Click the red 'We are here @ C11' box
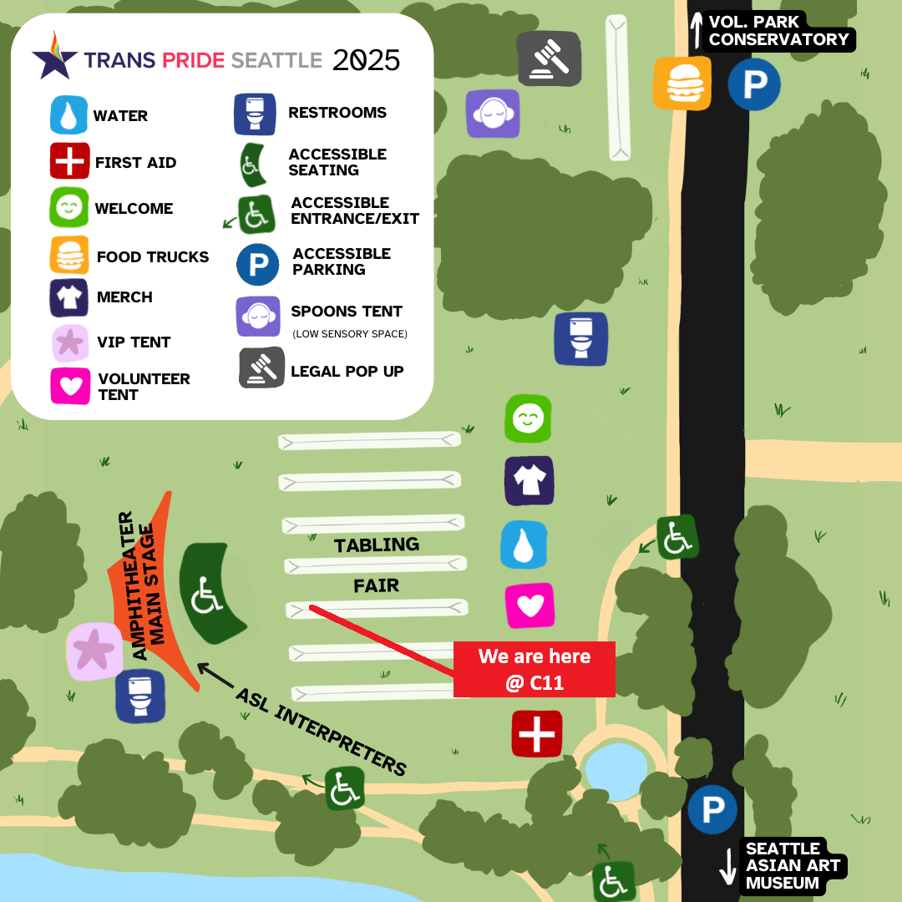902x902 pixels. click(535, 669)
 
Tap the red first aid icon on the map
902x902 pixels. click(536, 734)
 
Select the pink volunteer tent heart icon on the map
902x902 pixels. click(530, 606)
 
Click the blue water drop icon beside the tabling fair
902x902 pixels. click(524, 545)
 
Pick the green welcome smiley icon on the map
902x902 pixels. click(528, 418)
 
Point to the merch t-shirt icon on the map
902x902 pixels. click(529, 480)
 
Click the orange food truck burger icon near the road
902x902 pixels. click(682, 83)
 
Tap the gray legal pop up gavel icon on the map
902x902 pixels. click(549, 58)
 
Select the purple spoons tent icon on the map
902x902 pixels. click(493, 114)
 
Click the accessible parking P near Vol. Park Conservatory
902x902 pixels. click(753, 84)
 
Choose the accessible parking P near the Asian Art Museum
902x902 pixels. click(712, 809)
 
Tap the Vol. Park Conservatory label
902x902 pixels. click(778, 31)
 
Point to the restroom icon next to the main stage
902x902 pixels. click(139, 695)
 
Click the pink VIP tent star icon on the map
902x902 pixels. click(94, 651)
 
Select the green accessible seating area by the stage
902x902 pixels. click(209, 593)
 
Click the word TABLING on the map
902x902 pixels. click(377, 545)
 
